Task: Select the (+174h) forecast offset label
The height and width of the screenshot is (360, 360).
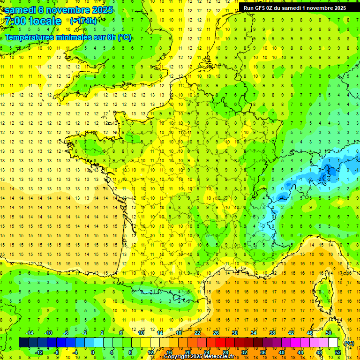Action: pyautogui.click(x=83, y=21)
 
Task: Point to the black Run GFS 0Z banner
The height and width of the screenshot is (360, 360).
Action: pyautogui.click(x=294, y=7)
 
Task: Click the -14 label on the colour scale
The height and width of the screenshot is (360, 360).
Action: pyautogui.click(x=30, y=333)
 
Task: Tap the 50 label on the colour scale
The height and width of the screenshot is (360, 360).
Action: pyautogui.click(x=329, y=333)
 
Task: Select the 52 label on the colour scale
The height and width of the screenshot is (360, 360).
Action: pyautogui.click(x=338, y=352)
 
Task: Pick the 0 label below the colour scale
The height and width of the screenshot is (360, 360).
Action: pyautogui.click(x=93, y=352)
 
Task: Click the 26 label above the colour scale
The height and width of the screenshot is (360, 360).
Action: pyautogui.click(x=216, y=333)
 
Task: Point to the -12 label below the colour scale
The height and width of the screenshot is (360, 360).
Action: pyautogui.click(x=39, y=352)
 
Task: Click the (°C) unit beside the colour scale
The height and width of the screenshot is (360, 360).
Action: pyautogui.click(x=349, y=343)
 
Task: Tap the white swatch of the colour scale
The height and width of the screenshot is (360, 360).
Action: pyautogui.click(x=333, y=343)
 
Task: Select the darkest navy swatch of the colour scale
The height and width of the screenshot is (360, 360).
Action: pyautogui.click(x=23, y=343)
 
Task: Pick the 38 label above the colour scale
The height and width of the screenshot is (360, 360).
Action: pyautogui.click(x=272, y=333)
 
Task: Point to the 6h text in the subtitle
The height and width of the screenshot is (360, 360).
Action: pyautogui.click(x=112, y=37)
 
